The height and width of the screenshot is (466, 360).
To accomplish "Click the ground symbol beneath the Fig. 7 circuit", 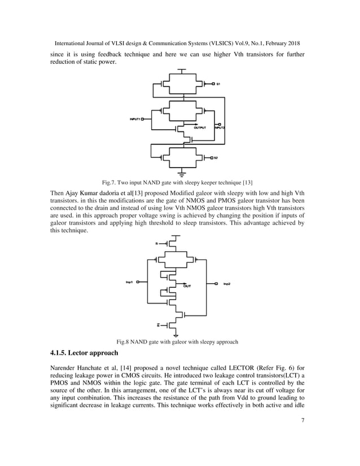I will pos(182,173).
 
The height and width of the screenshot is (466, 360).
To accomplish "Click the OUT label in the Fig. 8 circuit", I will pos(187,285).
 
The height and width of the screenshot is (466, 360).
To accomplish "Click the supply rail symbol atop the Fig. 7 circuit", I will pos(182,70).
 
